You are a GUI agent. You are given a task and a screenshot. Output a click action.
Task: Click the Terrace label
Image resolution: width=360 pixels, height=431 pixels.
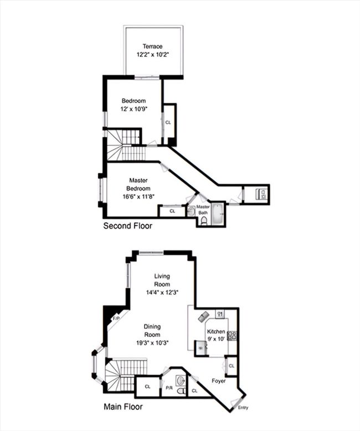point(152,46)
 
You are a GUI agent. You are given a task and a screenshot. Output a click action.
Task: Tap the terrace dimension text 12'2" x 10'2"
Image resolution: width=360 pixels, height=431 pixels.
point(152,54)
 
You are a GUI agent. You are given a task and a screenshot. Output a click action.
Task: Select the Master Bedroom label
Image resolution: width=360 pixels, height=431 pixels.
point(138,184)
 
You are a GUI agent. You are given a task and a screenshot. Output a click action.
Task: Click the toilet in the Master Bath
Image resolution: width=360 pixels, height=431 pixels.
point(204,221)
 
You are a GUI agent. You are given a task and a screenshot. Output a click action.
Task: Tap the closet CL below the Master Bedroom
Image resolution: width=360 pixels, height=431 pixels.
point(172,211)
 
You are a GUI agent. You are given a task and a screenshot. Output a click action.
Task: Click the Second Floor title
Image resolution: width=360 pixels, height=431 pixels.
point(128,226)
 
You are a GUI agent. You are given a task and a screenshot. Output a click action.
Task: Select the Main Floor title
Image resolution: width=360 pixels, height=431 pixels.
point(123,407)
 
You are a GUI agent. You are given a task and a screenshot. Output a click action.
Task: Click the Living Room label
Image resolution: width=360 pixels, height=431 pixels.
point(162,280)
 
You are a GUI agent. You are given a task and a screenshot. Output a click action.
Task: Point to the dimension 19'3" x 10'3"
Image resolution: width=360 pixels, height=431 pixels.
point(152,343)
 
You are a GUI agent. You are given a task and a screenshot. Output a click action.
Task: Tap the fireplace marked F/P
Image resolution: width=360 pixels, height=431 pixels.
point(116,319)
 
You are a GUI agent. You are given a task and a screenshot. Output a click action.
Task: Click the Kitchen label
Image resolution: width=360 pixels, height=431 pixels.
point(216,331)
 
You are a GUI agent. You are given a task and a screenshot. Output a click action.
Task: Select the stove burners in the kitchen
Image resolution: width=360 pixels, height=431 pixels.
point(232,336)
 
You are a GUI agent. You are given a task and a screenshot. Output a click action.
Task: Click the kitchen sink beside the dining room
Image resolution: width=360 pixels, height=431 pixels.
point(201,348)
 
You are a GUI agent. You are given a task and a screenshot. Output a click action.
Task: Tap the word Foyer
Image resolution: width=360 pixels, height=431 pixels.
point(219,381)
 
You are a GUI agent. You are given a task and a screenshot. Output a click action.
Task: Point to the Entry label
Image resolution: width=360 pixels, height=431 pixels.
point(243,408)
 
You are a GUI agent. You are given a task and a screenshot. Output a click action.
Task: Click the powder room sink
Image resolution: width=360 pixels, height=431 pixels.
point(180,381)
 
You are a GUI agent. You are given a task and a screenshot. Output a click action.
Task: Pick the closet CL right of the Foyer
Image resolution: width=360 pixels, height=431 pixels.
point(232,366)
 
